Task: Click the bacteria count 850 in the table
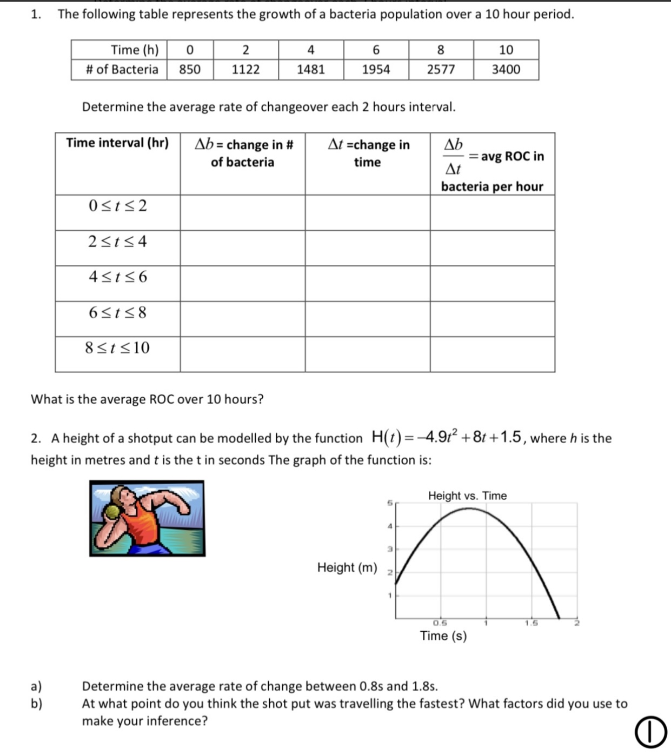(x=190, y=70)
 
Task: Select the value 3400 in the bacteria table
(x=506, y=70)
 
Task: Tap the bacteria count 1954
(x=376, y=70)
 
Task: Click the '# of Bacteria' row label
(x=122, y=70)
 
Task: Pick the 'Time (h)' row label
(x=135, y=50)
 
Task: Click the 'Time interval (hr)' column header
(x=117, y=143)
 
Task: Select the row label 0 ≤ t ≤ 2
(x=117, y=206)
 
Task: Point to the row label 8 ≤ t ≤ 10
(x=117, y=348)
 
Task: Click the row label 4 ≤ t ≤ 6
(x=117, y=277)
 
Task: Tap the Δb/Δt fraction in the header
(x=453, y=157)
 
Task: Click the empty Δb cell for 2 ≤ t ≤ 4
(x=242, y=248)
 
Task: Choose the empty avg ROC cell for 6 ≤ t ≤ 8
(x=492, y=319)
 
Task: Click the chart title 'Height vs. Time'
(x=467, y=496)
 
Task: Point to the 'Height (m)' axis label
(x=347, y=567)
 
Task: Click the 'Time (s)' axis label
(x=443, y=636)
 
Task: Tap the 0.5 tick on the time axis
(x=440, y=623)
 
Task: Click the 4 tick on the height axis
(x=389, y=526)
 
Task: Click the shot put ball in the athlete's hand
(x=113, y=512)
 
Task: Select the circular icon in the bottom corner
(x=650, y=733)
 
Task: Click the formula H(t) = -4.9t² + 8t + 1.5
(x=447, y=437)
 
